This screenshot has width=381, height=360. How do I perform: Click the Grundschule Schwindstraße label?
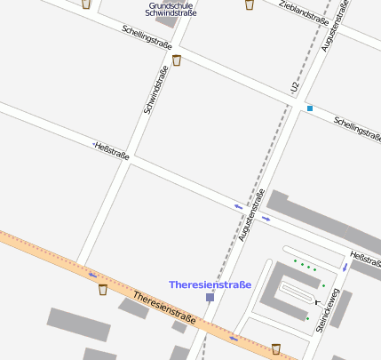172,10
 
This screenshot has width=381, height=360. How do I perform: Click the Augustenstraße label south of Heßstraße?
252,216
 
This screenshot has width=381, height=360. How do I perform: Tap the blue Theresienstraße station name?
210,284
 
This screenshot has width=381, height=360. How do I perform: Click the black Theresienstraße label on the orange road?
163,307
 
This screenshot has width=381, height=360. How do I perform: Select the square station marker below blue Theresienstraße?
210,298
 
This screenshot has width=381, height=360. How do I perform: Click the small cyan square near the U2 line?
310,108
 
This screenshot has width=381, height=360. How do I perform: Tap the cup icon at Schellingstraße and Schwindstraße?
177,60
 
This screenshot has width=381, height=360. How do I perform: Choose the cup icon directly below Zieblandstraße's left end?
249,4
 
